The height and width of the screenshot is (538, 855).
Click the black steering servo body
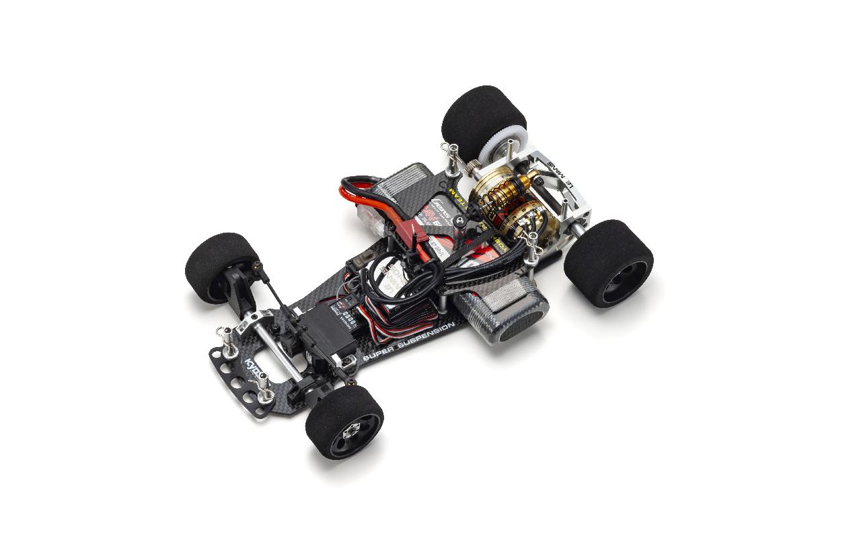325,332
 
